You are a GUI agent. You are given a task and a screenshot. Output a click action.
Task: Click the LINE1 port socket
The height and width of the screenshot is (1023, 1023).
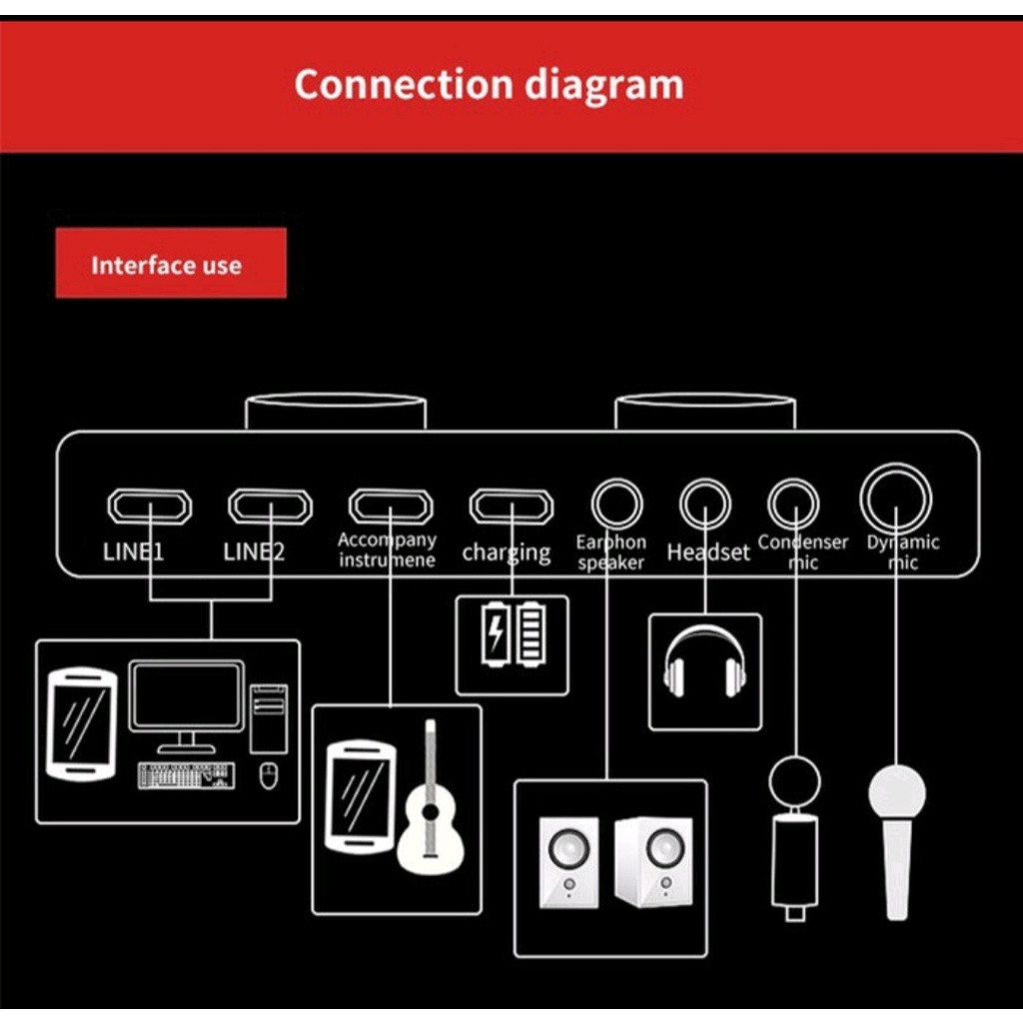click(149, 507)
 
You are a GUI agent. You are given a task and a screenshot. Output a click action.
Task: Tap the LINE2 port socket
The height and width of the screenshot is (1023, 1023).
click(270, 507)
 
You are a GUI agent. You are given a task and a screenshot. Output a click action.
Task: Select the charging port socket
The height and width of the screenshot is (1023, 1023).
click(511, 507)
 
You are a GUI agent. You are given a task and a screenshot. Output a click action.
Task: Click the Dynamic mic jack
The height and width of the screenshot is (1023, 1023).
click(896, 500)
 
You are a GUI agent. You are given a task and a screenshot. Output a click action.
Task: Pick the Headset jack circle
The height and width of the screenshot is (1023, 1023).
click(705, 504)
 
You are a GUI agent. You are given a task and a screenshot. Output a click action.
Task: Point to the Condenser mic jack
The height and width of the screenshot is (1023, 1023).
click(793, 504)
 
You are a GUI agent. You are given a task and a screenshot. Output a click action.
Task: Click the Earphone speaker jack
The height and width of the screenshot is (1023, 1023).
click(616, 504)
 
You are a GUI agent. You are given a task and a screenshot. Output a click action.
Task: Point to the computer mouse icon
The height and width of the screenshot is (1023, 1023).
click(267, 774)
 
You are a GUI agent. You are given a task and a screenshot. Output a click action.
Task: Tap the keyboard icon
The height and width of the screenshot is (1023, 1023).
click(187, 775)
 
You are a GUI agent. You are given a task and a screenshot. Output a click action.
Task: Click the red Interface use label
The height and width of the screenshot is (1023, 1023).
click(171, 264)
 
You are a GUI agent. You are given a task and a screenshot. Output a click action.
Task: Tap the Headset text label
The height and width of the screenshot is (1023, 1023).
click(708, 552)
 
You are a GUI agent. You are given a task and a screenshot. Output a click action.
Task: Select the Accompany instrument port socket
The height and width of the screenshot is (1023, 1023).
click(391, 507)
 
